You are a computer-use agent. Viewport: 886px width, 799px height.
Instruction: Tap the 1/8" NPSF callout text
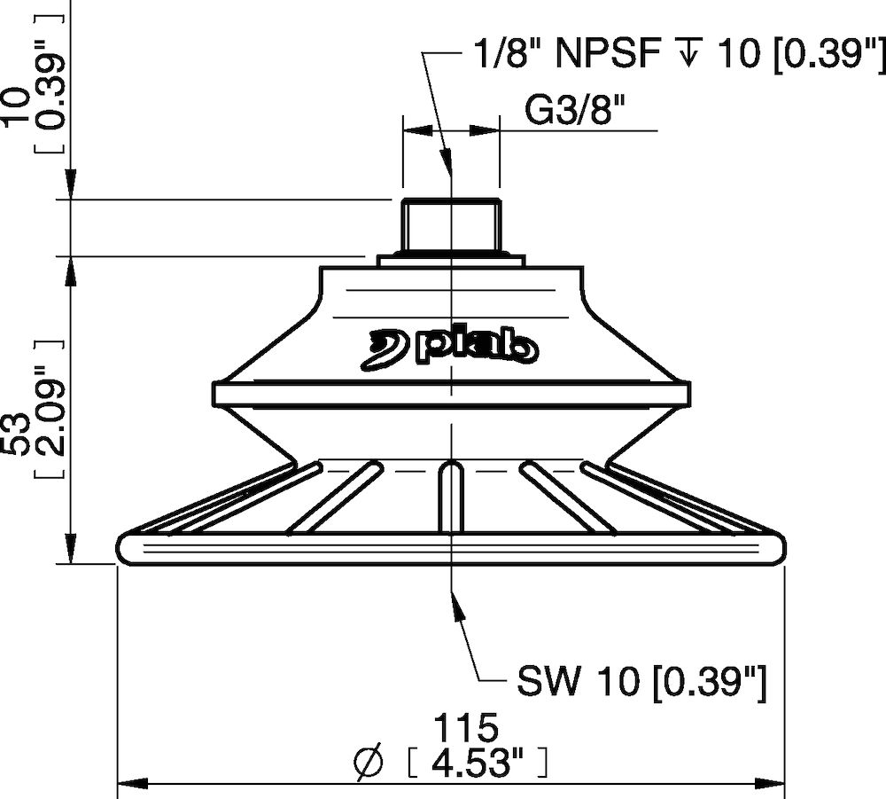tap(567, 55)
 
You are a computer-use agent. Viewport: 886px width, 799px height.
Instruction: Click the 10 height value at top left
tap(19, 108)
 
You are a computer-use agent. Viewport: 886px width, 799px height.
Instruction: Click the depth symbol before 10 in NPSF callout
tap(688, 56)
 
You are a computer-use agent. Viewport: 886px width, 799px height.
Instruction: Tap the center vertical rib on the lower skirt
tap(452, 497)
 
